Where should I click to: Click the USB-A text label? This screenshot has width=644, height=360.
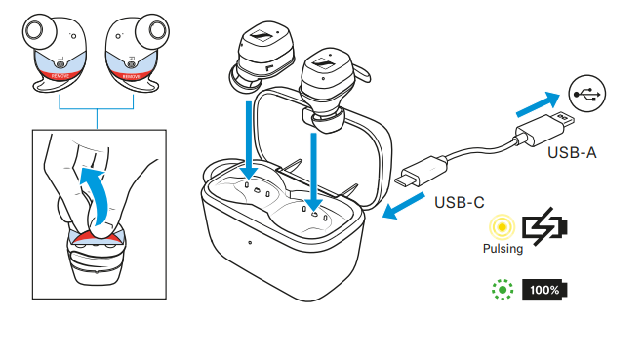click(x=571, y=153)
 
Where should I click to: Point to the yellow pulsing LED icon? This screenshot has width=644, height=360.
click(x=503, y=228)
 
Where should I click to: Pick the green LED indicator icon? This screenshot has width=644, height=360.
click(x=503, y=290)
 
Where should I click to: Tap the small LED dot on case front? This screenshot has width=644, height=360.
click(x=250, y=242)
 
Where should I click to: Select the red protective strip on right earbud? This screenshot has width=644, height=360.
click(x=130, y=70)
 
